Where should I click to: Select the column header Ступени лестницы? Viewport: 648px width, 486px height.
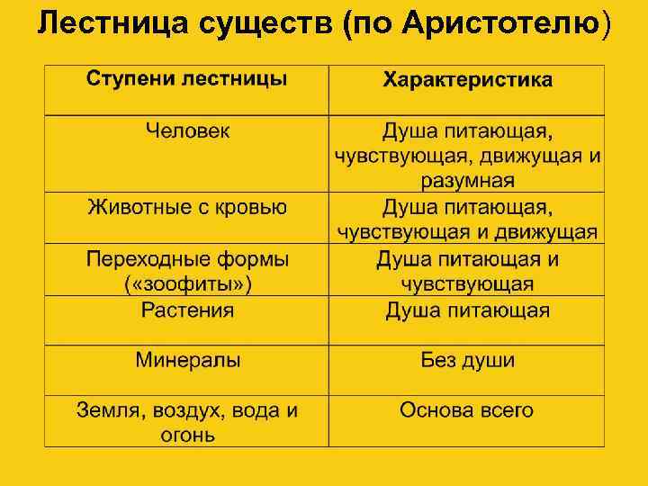tap(187, 78)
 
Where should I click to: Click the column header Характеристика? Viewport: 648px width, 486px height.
tap(468, 80)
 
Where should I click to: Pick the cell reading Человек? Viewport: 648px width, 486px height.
tap(188, 131)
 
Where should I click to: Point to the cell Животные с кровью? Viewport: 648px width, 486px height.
tap(187, 207)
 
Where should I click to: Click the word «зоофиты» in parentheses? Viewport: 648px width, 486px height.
tap(188, 284)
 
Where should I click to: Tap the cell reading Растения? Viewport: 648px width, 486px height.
tap(188, 310)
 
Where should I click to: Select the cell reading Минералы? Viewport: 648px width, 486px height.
tap(188, 361)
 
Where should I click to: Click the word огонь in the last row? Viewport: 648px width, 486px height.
tap(188, 436)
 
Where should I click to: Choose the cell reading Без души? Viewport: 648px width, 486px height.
tap(468, 361)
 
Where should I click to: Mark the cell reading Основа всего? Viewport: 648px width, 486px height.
tap(467, 410)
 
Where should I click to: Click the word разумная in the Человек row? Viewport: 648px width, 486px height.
tap(468, 181)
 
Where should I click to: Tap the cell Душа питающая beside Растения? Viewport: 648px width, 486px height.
tap(468, 310)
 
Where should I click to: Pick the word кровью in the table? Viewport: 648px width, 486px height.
tap(252, 207)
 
